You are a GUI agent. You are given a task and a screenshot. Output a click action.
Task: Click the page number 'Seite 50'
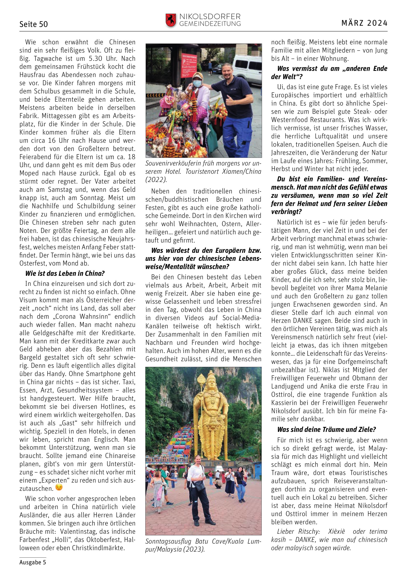(34, 24)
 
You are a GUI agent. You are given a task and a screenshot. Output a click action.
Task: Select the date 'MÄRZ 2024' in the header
(364, 23)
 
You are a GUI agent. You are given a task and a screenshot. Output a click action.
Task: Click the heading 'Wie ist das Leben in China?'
(65, 274)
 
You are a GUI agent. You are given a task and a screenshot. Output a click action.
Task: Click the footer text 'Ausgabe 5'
(32, 562)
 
